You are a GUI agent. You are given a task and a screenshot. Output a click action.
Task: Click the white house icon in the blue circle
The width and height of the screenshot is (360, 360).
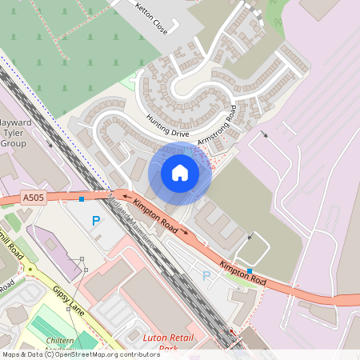pos(180,172)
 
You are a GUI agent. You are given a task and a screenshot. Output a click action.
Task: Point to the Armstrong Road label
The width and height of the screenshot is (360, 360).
pos(218,123)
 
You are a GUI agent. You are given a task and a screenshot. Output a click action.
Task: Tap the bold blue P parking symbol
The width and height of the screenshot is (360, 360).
pos(96,221)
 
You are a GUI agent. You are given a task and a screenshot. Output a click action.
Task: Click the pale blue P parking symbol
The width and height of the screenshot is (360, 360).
pos(206,276)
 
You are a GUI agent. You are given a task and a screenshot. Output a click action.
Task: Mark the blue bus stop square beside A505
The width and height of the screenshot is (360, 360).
pos(82,198)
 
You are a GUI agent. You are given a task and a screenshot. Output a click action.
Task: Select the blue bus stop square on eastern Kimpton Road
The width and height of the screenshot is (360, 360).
pos(250,271)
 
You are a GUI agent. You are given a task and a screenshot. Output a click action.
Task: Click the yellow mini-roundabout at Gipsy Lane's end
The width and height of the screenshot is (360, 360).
pos(31,269)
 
